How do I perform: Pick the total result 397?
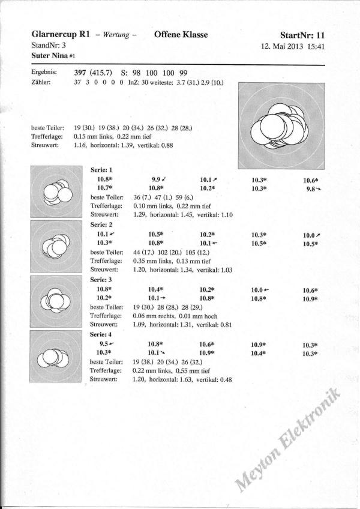coord(81,71)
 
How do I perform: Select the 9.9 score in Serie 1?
coord(158,179)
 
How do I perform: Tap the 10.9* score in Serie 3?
coord(310,298)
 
